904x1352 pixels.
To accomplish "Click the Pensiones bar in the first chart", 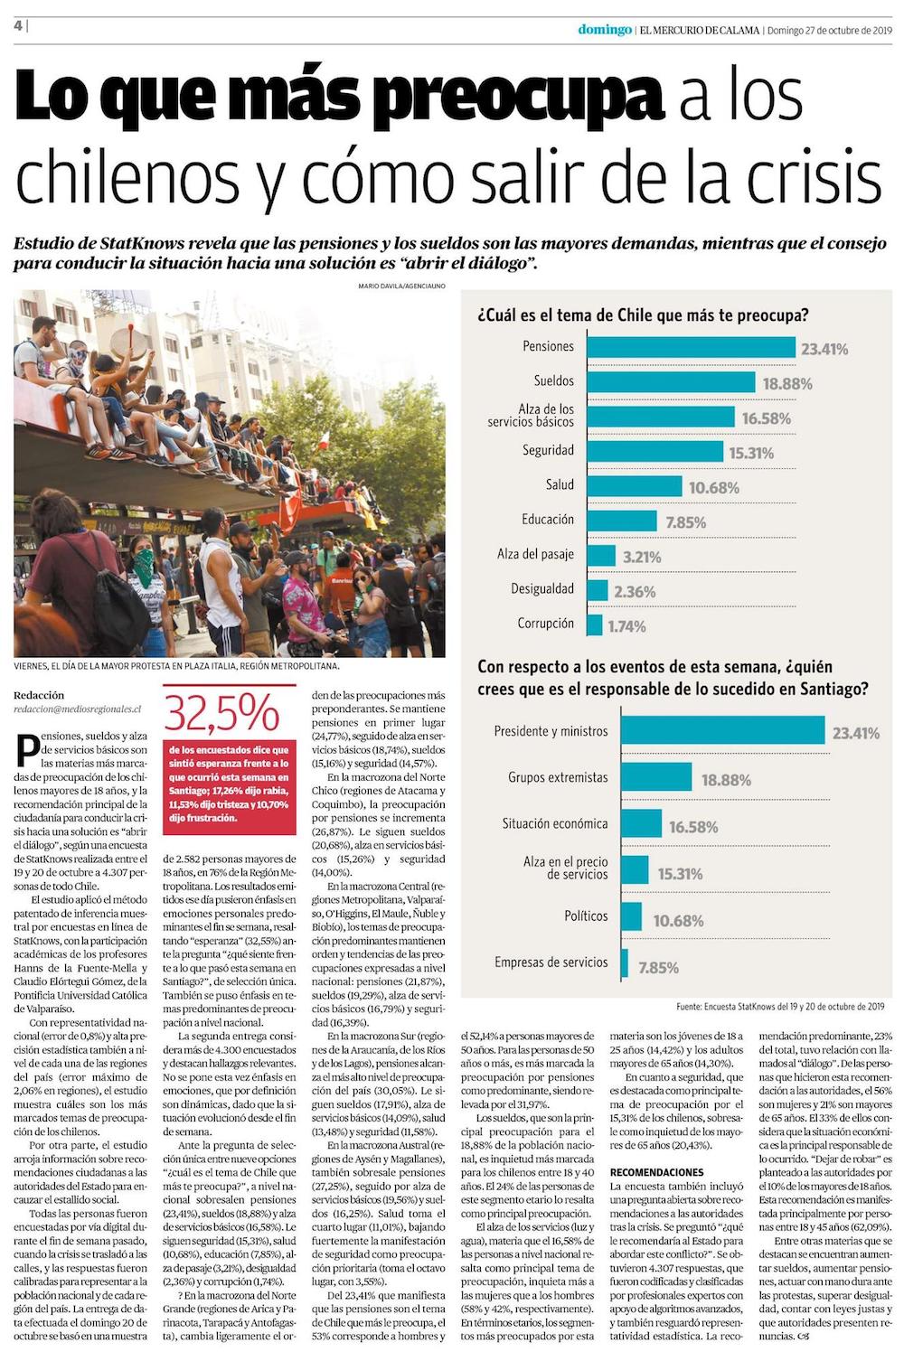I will [691, 347].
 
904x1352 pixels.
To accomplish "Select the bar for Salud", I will [634, 485].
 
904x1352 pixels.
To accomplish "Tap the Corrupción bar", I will [595, 624].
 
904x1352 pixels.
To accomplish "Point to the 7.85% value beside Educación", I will [685, 522].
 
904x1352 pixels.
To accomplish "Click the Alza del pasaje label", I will [535, 554].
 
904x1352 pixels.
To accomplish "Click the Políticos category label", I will [586, 915].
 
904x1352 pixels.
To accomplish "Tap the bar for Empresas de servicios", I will [626, 962].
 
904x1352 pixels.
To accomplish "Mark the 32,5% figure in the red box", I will [221, 714].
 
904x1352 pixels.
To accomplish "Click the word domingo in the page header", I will [605, 30].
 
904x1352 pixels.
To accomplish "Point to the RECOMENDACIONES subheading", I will [656, 1172].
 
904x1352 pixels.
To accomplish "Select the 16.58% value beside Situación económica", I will [693, 827].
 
